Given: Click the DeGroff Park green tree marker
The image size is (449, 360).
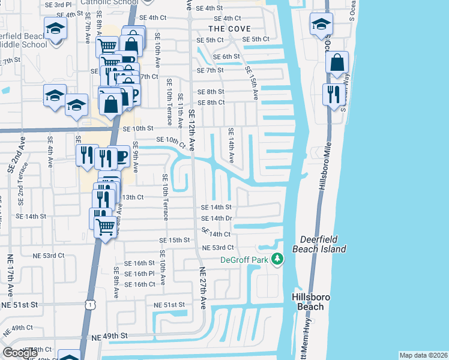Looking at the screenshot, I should point(277,259).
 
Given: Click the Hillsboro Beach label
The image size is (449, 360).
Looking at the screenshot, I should point(307,302).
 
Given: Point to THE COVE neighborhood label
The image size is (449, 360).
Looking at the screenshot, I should point(229,29).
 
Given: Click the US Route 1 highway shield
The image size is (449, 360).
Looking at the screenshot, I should point(89,305).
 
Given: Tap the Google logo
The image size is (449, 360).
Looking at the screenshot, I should point(20,353).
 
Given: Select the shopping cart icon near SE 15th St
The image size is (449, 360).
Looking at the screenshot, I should point(105,227).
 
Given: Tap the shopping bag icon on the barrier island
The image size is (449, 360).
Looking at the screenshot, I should point(337,63).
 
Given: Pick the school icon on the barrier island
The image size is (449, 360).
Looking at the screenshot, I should point(321,25).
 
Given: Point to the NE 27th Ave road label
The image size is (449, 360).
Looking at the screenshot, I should point(202,288).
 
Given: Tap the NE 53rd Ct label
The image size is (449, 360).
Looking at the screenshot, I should point(218,247).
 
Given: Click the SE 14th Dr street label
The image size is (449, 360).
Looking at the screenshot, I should point(217,218).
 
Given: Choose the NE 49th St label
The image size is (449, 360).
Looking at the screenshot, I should point(110,337).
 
